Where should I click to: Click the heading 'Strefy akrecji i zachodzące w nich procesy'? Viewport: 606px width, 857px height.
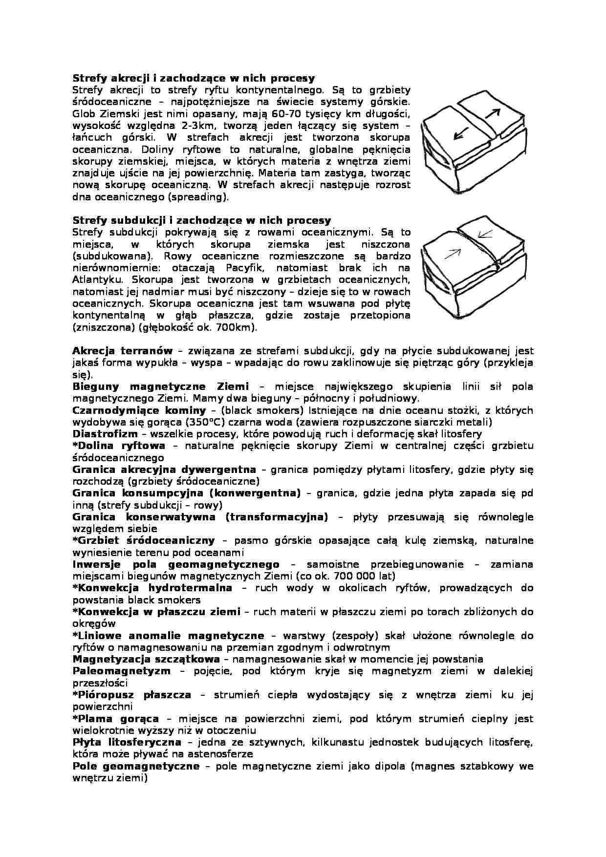click(194, 78)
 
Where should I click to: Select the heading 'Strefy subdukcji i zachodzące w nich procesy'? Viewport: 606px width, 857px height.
click(201, 220)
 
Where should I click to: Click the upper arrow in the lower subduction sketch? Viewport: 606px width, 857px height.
click(485, 235)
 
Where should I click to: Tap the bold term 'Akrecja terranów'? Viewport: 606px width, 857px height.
click(122, 351)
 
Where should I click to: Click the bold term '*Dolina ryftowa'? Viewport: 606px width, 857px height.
click(119, 446)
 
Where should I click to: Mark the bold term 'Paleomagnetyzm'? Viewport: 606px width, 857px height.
click(122, 671)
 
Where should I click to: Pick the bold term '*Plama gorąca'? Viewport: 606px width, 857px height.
click(116, 719)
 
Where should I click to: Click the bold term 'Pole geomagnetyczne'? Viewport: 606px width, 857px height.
click(136, 766)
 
